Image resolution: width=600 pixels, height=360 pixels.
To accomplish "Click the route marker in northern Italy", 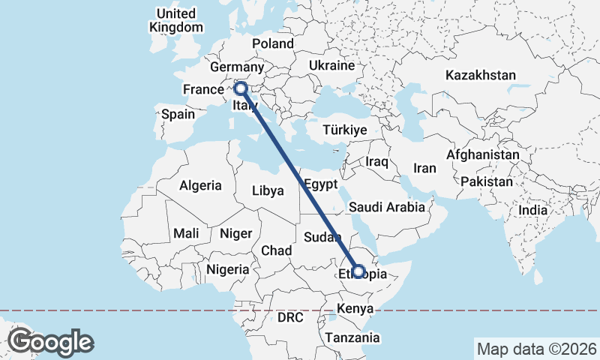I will [241, 88].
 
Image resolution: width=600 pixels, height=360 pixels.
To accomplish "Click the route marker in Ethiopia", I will [358, 271].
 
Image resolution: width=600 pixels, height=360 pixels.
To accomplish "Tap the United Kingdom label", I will [176, 20].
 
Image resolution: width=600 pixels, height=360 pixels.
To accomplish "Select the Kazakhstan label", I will [481, 75].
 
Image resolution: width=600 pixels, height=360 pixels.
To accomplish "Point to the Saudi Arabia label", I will [387, 207].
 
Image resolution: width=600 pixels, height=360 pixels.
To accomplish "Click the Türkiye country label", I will [344, 130].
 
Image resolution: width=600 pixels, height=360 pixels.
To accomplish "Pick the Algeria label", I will [200, 185].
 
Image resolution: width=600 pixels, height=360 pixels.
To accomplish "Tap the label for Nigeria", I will [227, 268].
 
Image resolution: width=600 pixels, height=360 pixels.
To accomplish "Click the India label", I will [532, 211].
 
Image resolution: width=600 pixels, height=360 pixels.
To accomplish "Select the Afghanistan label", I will [482, 154].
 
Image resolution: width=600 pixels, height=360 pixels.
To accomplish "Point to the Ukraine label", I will [331, 65].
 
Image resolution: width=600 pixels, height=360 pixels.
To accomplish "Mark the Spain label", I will [178, 115].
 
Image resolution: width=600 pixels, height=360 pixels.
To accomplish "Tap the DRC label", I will [289, 317].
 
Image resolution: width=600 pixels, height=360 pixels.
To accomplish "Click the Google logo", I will [50, 342].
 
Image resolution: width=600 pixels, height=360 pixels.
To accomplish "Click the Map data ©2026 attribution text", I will [535, 349].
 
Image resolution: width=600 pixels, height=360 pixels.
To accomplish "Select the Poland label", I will [272, 43].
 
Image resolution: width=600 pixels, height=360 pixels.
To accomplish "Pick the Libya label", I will [267, 190].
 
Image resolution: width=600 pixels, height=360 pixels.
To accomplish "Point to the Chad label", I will [276, 250].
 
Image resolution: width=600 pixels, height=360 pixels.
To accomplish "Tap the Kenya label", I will [355, 308].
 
